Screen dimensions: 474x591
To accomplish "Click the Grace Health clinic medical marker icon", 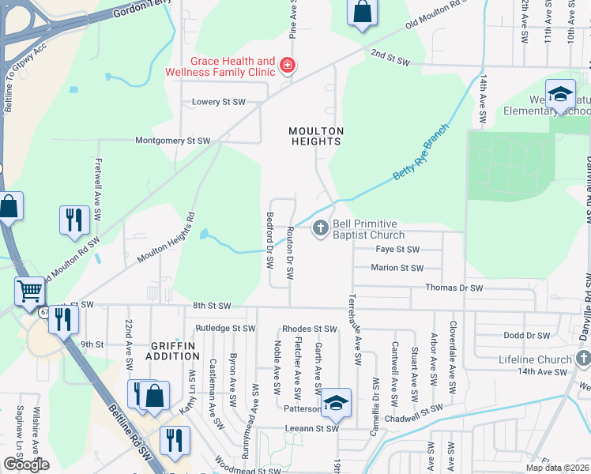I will click(x=288, y=66).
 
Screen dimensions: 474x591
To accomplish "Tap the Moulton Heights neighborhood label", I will click(x=316, y=136).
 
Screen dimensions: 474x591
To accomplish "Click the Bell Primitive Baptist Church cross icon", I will click(x=320, y=229).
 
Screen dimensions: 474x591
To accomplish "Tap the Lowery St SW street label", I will click(x=219, y=102).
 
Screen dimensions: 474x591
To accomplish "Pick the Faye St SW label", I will click(x=397, y=249).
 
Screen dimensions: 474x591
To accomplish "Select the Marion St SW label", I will click(x=397, y=269).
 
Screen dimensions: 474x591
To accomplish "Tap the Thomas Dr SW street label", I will click(x=454, y=288).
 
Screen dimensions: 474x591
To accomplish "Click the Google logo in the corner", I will click(x=25, y=465).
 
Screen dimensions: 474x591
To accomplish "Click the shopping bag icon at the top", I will click(x=362, y=13).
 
